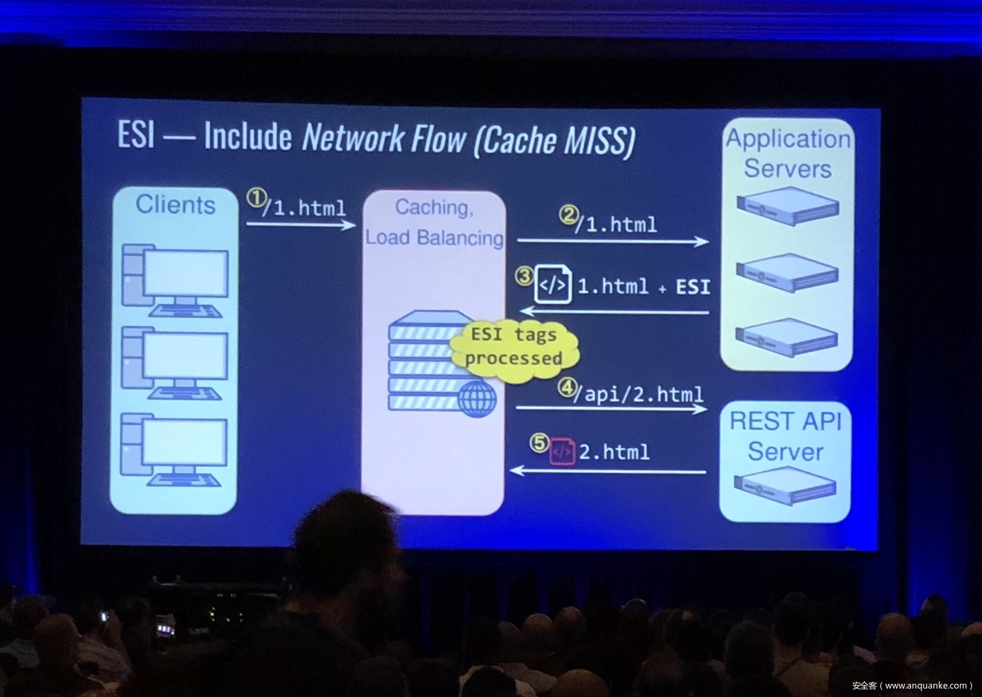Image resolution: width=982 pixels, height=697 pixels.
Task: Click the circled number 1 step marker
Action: pyautogui.click(x=256, y=198)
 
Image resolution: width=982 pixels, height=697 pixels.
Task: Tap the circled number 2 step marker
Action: pyautogui.click(x=568, y=214)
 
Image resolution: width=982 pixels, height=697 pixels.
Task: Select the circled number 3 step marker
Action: pyautogui.click(x=524, y=276)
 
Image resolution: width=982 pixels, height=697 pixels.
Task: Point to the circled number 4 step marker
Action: pyautogui.click(x=567, y=387)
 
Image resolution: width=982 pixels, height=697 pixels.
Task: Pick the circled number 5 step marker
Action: pyautogui.click(x=539, y=443)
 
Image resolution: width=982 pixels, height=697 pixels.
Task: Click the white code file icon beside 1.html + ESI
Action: pyautogui.click(x=552, y=284)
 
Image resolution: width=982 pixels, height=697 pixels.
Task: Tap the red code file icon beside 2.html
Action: pyautogui.click(x=562, y=451)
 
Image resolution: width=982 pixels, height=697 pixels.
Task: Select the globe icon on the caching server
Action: pyautogui.click(x=477, y=399)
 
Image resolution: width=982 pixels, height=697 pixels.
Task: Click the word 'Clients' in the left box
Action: pyautogui.click(x=175, y=205)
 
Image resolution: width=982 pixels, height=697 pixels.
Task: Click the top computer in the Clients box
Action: pyautogui.click(x=175, y=279)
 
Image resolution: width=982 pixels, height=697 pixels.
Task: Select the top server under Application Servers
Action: pyautogui.click(x=788, y=206)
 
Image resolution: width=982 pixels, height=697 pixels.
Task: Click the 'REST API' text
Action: pyautogui.click(x=786, y=421)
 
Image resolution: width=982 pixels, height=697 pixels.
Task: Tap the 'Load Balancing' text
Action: pyautogui.click(x=434, y=238)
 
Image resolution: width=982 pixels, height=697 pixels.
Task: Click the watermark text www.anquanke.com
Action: pyautogui.click(x=926, y=686)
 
